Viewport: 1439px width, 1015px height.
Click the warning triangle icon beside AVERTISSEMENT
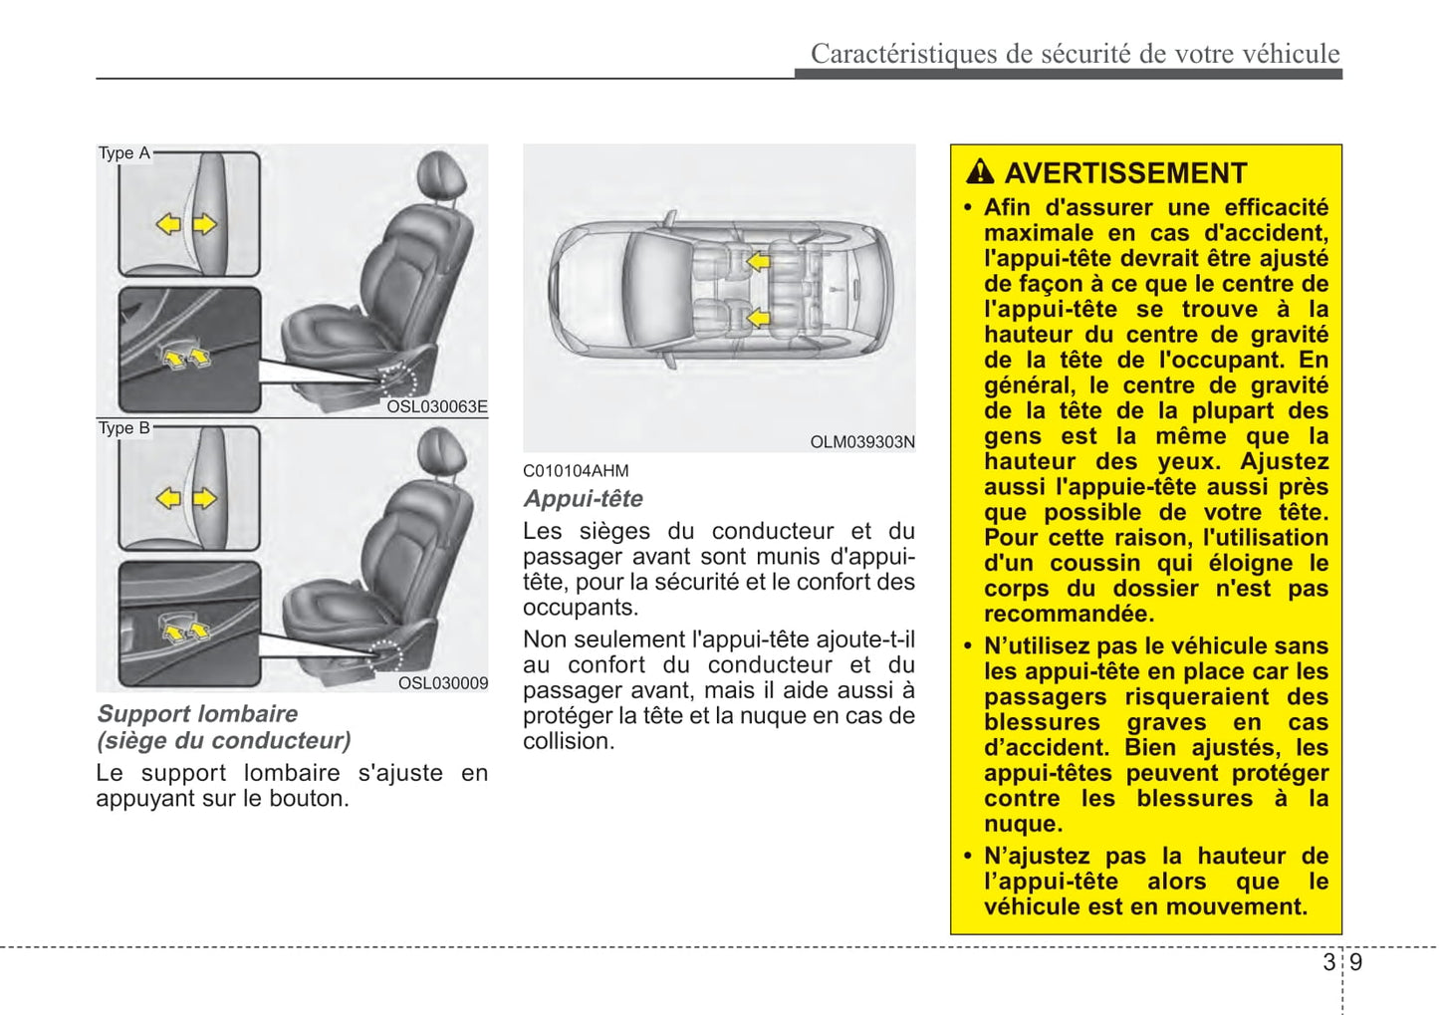980,172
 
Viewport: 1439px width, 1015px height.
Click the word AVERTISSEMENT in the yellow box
1125,173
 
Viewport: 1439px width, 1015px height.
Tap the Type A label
123,153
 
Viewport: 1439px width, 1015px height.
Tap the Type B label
123,428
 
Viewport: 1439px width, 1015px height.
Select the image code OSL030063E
437,406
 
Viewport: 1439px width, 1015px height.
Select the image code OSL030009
443,683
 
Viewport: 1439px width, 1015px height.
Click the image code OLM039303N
862,442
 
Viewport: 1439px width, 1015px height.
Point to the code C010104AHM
576,471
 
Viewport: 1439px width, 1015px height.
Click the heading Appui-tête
584,499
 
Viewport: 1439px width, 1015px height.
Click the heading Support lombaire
197,714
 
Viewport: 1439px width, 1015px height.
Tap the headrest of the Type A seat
441,175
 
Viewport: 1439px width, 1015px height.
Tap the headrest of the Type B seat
441,451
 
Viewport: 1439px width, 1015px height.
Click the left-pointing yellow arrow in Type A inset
168,224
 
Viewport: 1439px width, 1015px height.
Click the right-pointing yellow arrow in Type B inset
205,498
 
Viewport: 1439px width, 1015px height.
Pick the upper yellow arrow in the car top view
759,262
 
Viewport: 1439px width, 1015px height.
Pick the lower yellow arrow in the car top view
759,319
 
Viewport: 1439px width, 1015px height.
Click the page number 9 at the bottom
1356,962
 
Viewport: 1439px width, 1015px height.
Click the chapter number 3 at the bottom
1328,962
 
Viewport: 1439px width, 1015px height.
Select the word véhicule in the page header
1292,54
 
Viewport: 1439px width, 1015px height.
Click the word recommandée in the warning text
1069,614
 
